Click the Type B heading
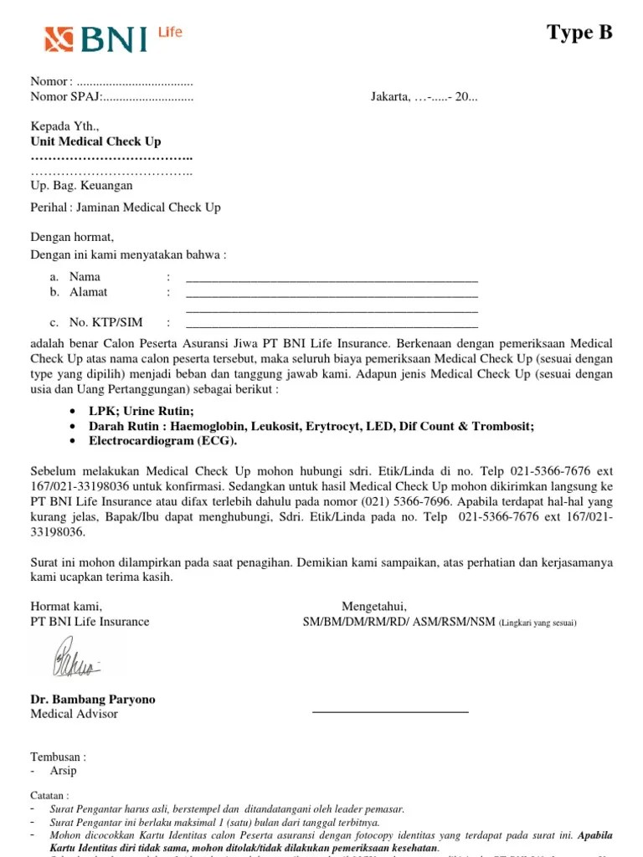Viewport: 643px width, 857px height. (579, 33)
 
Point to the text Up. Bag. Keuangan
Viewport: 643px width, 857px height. (81, 185)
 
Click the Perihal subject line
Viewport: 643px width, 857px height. (126, 207)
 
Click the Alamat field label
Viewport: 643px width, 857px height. (88, 292)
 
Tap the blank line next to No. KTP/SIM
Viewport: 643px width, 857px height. (332, 324)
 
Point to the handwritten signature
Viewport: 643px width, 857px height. (76, 658)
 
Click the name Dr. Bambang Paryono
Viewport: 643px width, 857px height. (93, 699)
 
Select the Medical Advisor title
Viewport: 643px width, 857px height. (75, 714)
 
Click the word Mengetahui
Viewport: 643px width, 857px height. (373, 606)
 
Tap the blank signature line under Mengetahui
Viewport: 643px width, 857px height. (390, 711)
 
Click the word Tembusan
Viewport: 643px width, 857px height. (58, 757)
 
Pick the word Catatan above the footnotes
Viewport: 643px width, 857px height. (49, 795)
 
